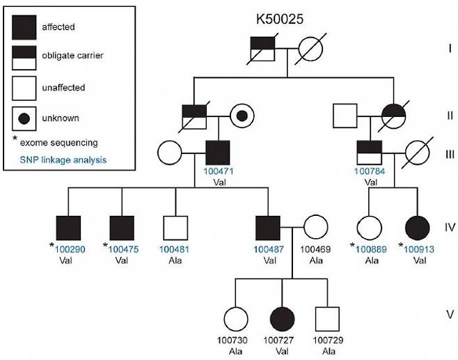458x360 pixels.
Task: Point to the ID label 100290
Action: pos(70,248)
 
